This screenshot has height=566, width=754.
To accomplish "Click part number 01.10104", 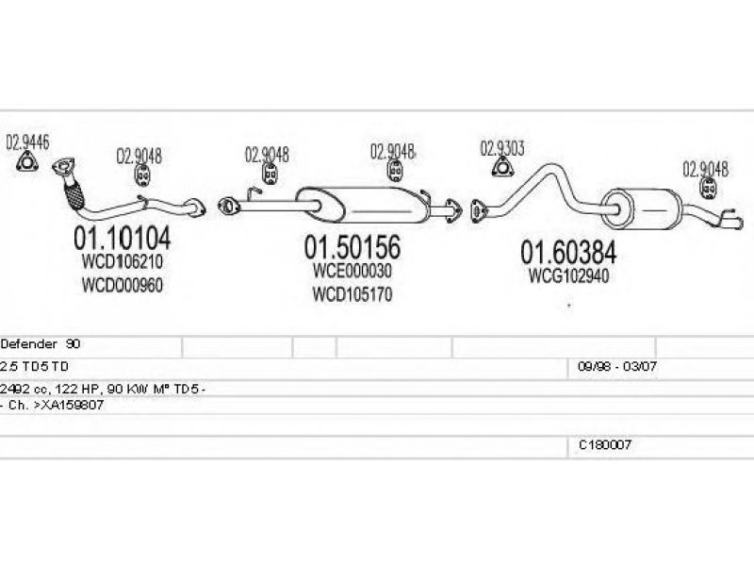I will (x=122, y=235).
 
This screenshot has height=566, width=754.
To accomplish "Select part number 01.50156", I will (x=352, y=248).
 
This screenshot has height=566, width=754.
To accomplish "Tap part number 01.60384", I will (x=569, y=252).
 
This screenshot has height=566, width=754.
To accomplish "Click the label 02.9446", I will (x=26, y=144).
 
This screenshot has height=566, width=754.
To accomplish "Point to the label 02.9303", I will (x=502, y=148).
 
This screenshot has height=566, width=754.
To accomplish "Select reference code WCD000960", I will (x=122, y=285).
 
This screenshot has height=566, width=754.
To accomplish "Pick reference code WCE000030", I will (x=352, y=272).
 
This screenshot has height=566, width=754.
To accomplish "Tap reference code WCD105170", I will (x=352, y=295).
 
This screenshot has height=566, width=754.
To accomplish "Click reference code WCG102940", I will (x=569, y=276).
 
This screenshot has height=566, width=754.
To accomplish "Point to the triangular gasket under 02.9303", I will (x=503, y=169).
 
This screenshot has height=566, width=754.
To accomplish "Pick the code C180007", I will (x=605, y=443).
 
